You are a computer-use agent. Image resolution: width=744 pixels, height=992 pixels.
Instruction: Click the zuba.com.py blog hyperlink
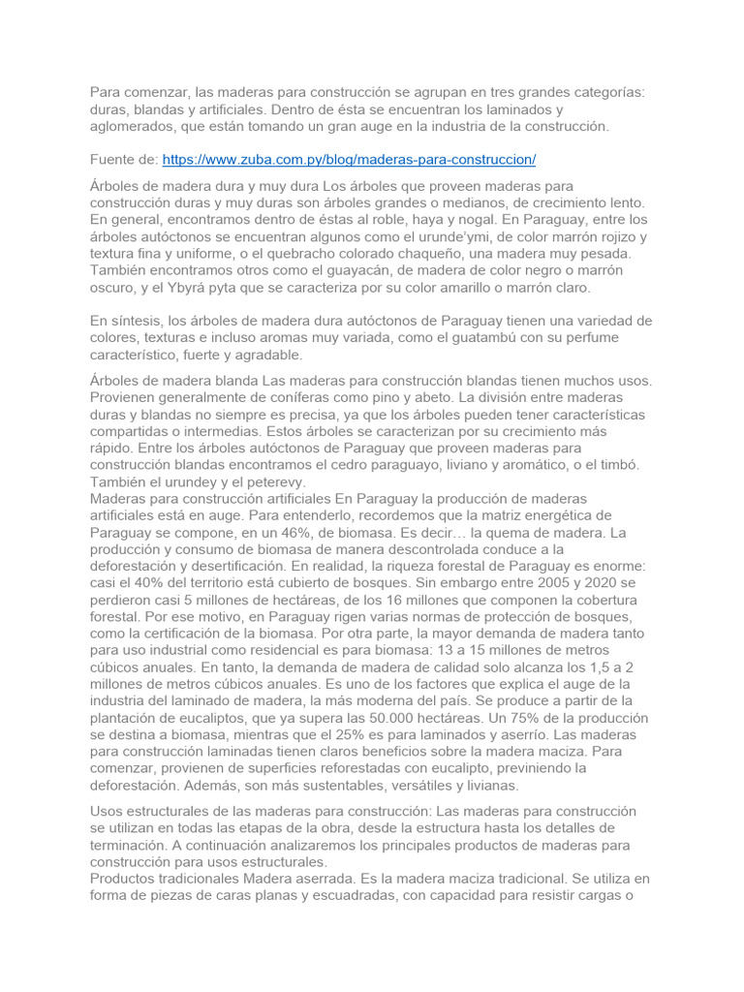tap(349, 158)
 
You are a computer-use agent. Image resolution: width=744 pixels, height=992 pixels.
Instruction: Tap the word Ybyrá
tap(172, 289)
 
